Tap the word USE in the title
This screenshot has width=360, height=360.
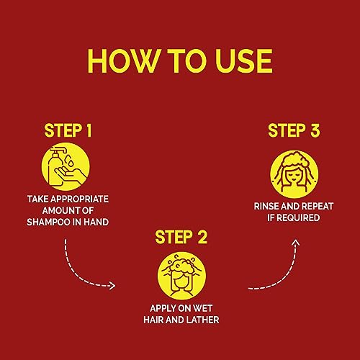244,61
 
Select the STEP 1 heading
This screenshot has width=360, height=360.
68,131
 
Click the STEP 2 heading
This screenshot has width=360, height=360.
181,238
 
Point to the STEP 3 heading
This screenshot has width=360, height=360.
294,131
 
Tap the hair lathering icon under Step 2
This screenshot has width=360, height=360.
181,276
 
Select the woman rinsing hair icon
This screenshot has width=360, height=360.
294,174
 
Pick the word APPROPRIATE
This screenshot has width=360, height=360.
79,199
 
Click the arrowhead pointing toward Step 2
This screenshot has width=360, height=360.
112,286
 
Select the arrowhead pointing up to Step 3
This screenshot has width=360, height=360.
297,242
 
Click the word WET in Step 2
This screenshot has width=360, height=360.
203,308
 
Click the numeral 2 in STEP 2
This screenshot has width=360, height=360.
202,238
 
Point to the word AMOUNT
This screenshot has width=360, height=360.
58,211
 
